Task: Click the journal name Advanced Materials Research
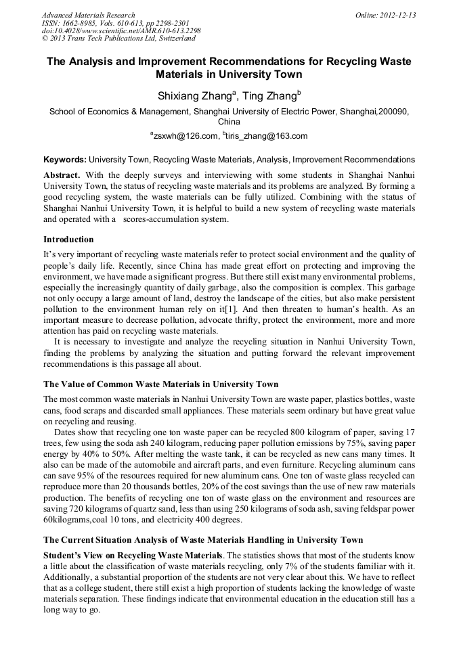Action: tap(88, 15)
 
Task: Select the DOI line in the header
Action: tap(121, 30)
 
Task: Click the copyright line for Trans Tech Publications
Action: tap(118, 39)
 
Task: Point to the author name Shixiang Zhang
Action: tap(192, 95)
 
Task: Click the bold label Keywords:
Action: tap(64, 160)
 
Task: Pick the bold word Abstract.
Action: tap(62, 174)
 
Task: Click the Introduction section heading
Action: tap(68, 240)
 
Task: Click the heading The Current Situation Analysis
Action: tap(203, 539)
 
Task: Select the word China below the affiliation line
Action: tap(229, 122)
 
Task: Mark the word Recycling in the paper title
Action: tap(342, 62)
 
